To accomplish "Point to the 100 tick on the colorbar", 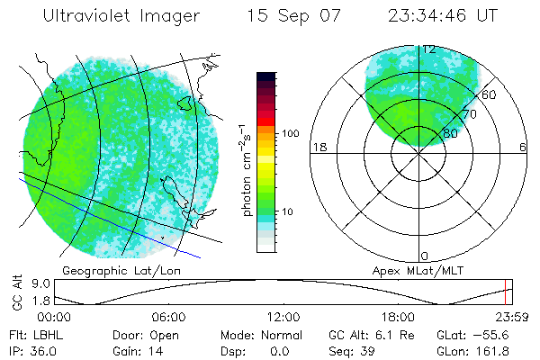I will coord(291,133).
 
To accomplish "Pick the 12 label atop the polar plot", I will coord(429,49).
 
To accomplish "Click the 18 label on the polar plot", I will coord(319,147).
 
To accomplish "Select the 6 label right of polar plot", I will coord(523,147).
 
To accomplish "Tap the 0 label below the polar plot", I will coord(425,256).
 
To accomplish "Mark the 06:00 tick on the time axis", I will coord(168,317).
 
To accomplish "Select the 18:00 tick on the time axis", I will coord(398,317).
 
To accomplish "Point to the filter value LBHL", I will coord(38,335).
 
